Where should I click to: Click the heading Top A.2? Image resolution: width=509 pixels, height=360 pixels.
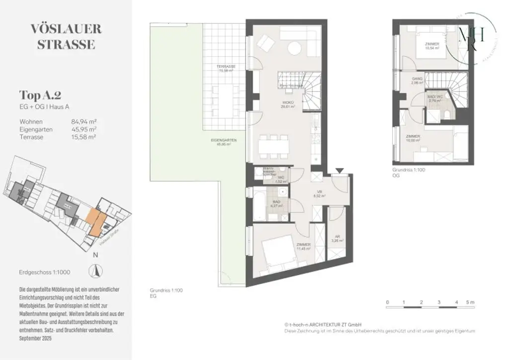pos(40,95)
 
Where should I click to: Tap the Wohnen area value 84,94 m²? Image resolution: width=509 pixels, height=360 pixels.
pos(84,121)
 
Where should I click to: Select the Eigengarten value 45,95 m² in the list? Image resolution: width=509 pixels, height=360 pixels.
pos(84,129)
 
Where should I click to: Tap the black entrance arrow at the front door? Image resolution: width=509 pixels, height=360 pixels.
pos(339,171)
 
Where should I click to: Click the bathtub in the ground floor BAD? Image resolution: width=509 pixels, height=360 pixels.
pos(260,204)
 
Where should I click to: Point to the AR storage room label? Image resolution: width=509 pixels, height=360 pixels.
pos(336,238)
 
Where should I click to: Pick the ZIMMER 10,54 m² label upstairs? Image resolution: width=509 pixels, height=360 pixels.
pos(431,47)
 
